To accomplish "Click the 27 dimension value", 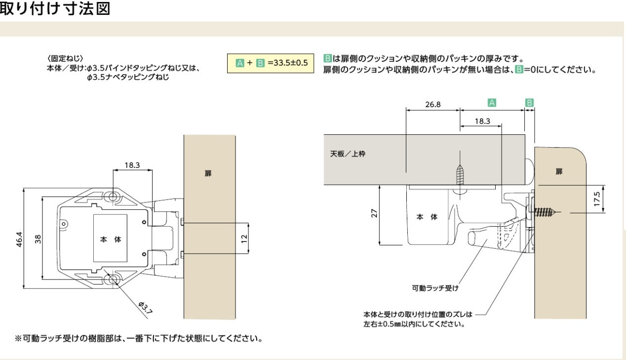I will tap(374, 214).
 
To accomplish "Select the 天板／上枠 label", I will tap(348, 154).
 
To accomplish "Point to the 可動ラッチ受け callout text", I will tap(439, 286).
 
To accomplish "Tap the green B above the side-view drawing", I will tap(529, 103).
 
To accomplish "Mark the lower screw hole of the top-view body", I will tap(114, 280).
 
